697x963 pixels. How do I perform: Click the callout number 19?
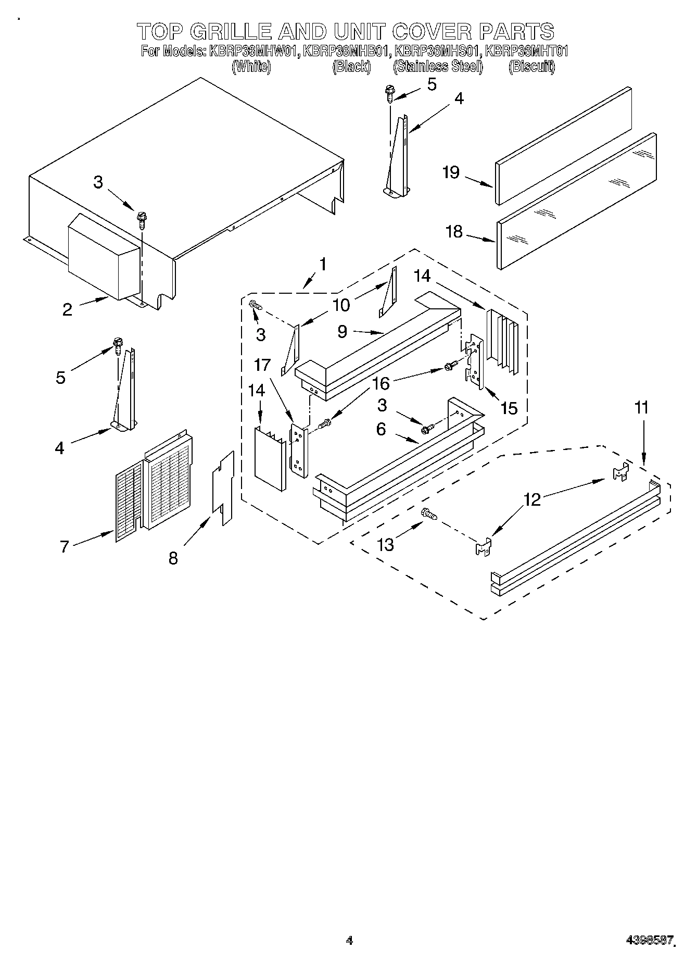(x=451, y=172)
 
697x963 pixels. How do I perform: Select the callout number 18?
(x=454, y=231)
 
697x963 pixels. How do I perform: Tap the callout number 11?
(x=642, y=407)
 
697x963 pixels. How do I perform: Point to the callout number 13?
(x=386, y=544)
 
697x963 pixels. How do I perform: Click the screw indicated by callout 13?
(x=429, y=514)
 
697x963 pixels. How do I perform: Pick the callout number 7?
(x=64, y=546)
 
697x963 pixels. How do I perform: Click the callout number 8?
(x=173, y=558)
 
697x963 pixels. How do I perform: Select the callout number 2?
(x=67, y=309)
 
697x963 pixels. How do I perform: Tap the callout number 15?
(x=509, y=408)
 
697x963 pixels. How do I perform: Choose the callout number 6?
(x=381, y=429)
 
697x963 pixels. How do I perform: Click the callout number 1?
(x=323, y=264)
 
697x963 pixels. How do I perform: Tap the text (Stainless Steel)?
(x=438, y=66)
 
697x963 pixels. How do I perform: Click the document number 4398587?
(x=651, y=941)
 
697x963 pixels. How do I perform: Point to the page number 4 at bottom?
(x=349, y=940)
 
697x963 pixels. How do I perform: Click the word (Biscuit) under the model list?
(x=531, y=66)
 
